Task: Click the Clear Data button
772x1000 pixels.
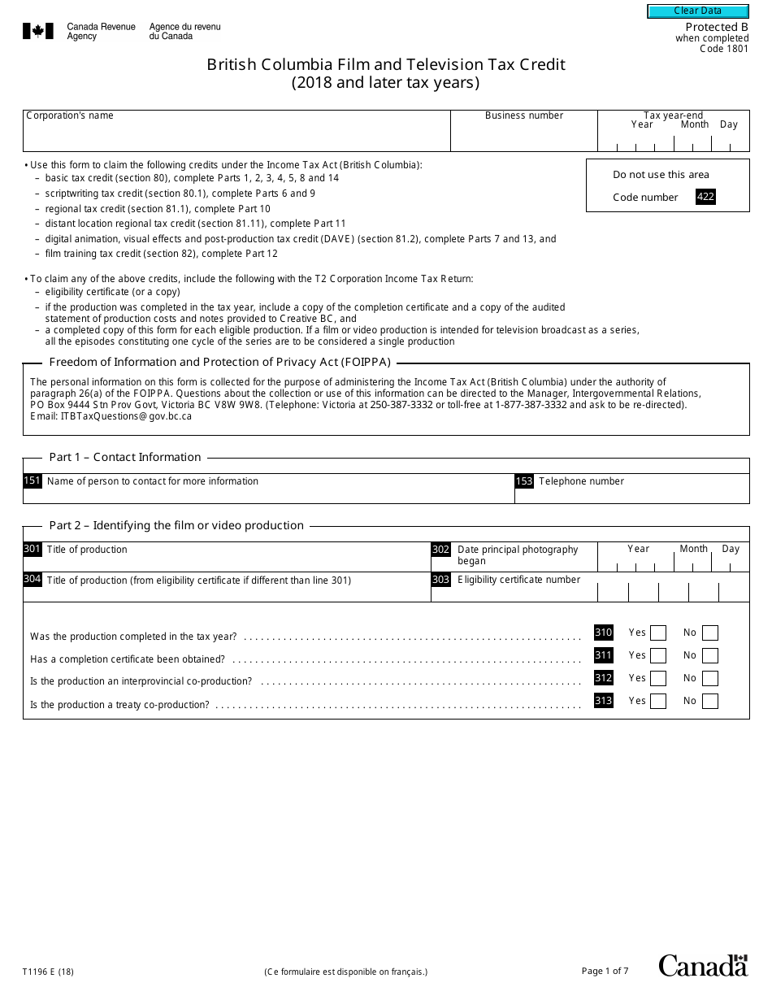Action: pyautogui.click(x=696, y=11)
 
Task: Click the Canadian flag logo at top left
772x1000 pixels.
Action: pyautogui.click(x=38, y=32)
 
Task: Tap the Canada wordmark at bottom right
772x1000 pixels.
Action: pyautogui.click(x=702, y=966)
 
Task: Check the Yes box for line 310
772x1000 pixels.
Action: pyautogui.click(x=658, y=633)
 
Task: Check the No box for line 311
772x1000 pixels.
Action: pyautogui.click(x=710, y=656)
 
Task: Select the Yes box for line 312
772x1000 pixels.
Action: pyautogui.click(x=658, y=679)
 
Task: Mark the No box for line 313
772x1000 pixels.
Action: pyautogui.click(x=710, y=702)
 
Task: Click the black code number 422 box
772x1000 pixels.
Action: pyautogui.click(x=705, y=197)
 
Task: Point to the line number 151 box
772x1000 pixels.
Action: pyautogui.click(x=32, y=481)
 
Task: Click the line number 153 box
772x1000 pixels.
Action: pyautogui.click(x=524, y=481)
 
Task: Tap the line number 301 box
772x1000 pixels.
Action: pyautogui.click(x=32, y=550)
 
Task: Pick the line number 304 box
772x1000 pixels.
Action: pyautogui.click(x=32, y=580)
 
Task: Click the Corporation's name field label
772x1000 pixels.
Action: pyautogui.click(x=70, y=115)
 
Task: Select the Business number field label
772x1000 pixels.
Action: pyautogui.click(x=524, y=115)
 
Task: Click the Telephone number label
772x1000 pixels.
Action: pyautogui.click(x=581, y=481)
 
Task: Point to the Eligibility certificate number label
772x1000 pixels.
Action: pyautogui.click(x=518, y=580)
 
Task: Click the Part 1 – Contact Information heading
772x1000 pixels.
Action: pyautogui.click(x=125, y=457)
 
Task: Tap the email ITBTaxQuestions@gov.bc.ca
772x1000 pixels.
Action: pyautogui.click(x=126, y=415)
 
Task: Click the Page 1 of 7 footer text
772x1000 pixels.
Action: pyautogui.click(x=605, y=971)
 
